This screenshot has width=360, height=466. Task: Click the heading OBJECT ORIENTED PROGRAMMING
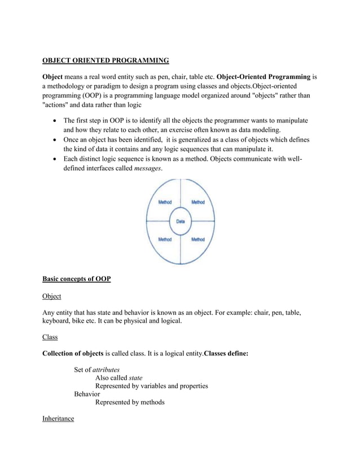(x=106, y=60)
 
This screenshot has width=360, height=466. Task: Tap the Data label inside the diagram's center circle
(x=181, y=222)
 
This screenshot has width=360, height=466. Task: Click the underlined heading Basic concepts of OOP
(x=77, y=279)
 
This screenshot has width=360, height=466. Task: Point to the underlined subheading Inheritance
(x=58, y=419)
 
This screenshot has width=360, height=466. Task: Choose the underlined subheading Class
(x=51, y=337)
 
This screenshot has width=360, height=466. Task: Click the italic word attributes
(x=106, y=370)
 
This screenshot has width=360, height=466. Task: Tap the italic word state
(x=135, y=378)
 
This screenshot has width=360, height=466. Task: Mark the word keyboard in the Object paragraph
(x=59, y=321)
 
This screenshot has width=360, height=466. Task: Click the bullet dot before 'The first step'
(x=54, y=121)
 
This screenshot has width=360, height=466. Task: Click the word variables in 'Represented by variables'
(x=156, y=386)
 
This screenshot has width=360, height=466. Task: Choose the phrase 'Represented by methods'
(x=130, y=402)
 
